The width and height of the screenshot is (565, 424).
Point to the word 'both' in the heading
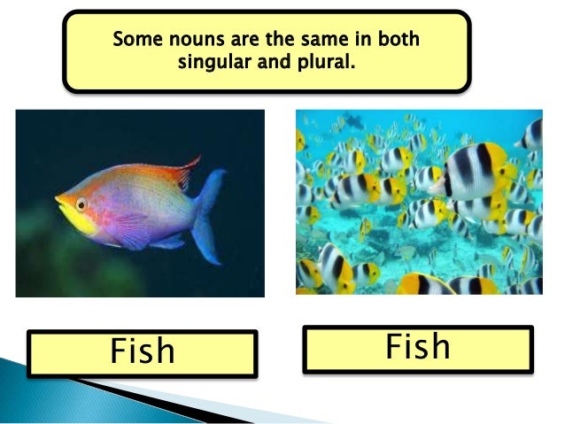[399, 41]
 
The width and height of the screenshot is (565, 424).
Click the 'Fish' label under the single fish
[142, 351]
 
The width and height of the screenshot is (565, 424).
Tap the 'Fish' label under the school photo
[418, 347]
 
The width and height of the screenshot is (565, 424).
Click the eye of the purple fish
[81, 204]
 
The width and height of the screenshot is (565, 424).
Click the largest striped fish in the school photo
[478, 171]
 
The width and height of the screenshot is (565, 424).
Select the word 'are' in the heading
[246, 41]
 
